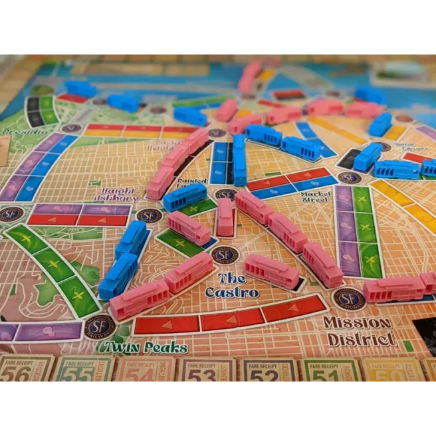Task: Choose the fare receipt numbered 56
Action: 25,370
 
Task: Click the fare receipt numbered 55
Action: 85,370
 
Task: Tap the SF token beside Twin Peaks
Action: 100,327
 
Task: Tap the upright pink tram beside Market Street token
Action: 225,217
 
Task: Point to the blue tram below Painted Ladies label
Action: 185,197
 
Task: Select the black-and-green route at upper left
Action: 39,112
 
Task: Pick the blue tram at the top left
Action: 81,88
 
